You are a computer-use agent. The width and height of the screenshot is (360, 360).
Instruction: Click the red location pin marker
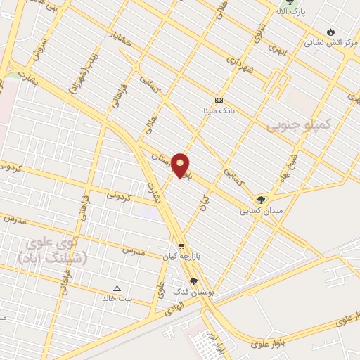coord(181,165)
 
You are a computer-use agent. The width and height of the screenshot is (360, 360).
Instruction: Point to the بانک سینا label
coord(219,111)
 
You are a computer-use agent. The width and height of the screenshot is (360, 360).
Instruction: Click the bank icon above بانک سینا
coord(219,100)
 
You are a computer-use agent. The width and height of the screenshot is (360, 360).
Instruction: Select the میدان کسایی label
coord(261,210)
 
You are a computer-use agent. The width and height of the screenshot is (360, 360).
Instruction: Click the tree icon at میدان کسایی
coord(262,200)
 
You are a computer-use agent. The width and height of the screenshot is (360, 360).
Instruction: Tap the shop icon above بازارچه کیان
coord(181,247)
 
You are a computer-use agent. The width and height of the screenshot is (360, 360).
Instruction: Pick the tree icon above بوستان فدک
coord(193,281)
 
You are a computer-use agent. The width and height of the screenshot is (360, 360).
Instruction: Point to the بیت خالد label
coord(117,299)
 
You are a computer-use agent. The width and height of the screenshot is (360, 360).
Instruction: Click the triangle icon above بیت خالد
coord(117,288)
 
